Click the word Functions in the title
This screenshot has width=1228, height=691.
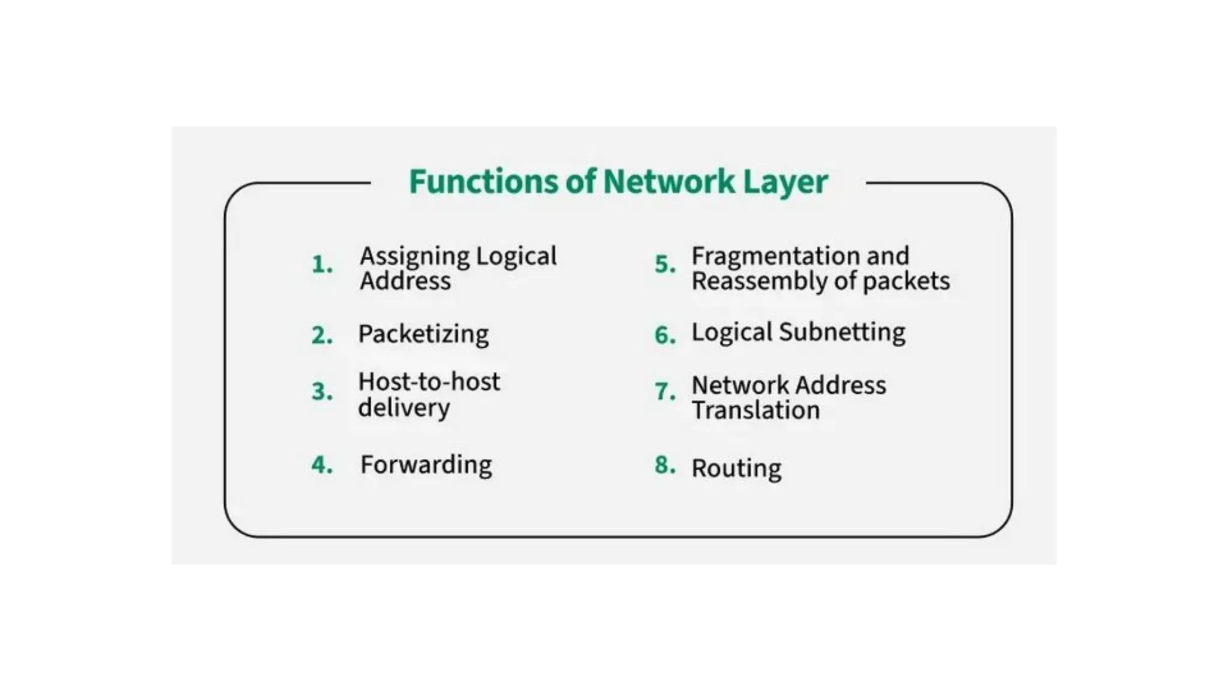pyautogui.click(x=483, y=182)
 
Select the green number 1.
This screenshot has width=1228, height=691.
pyautogui.click(x=321, y=265)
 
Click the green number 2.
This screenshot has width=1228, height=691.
pyautogui.click(x=321, y=335)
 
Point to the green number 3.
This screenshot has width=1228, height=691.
pyautogui.click(x=321, y=392)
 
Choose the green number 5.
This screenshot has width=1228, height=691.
pyautogui.click(x=664, y=265)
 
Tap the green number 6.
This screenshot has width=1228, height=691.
pyautogui.click(x=664, y=335)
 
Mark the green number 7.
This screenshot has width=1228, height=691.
pyautogui.click(x=664, y=392)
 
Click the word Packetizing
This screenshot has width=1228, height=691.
pyautogui.click(x=423, y=334)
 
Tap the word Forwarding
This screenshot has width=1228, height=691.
pyautogui.click(x=426, y=465)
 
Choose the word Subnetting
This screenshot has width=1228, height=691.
pyautogui.click(x=842, y=332)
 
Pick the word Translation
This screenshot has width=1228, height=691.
pyautogui.click(x=756, y=411)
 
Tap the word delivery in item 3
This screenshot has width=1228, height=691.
pyautogui.click(x=404, y=408)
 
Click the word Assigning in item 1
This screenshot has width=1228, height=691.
pyautogui.click(x=414, y=257)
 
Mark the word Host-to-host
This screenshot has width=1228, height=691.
pyautogui.click(x=429, y=382)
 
